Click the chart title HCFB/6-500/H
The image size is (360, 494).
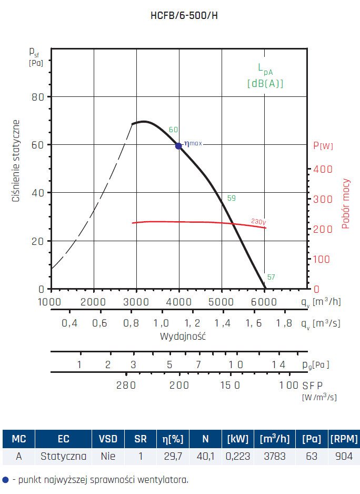tap(184, 15)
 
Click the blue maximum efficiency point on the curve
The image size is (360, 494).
tap(178, 146)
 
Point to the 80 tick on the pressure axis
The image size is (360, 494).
tap(37, 97)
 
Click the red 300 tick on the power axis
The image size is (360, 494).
tap(323, 199)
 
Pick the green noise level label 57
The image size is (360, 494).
tap(271, 278)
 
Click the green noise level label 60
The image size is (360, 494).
tap(173, 130)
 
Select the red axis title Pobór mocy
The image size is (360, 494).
tap(346, 204)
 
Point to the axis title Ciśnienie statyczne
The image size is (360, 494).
tap(16, 161)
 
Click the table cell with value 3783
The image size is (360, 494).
tap(274, 456)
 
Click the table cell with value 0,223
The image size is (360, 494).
tap(238, 456)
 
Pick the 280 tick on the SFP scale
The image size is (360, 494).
tap(126, 385)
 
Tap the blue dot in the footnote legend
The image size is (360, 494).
tap(6, 480)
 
